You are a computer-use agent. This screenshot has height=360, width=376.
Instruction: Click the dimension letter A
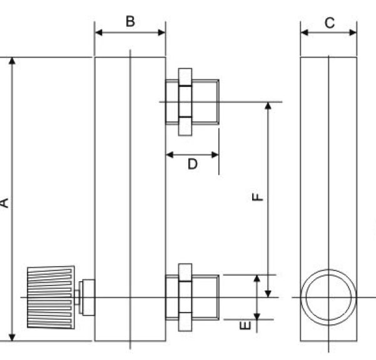(5, 202)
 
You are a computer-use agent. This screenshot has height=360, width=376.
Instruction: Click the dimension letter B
(130, 21)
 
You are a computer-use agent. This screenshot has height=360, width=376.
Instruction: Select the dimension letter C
(329, 23)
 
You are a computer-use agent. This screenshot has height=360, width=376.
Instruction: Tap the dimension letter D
(193, 164)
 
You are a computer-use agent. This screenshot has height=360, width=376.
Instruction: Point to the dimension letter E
(246, 325)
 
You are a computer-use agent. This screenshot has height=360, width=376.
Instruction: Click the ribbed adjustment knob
(51, 297)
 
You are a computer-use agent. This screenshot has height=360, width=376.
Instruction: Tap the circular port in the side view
(328, 297)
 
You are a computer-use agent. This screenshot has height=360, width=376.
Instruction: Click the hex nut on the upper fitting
(185, 102)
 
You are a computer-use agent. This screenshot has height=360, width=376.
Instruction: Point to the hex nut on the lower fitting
(185, 297)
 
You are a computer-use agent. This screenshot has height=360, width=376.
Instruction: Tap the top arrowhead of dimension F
(268, 106)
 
